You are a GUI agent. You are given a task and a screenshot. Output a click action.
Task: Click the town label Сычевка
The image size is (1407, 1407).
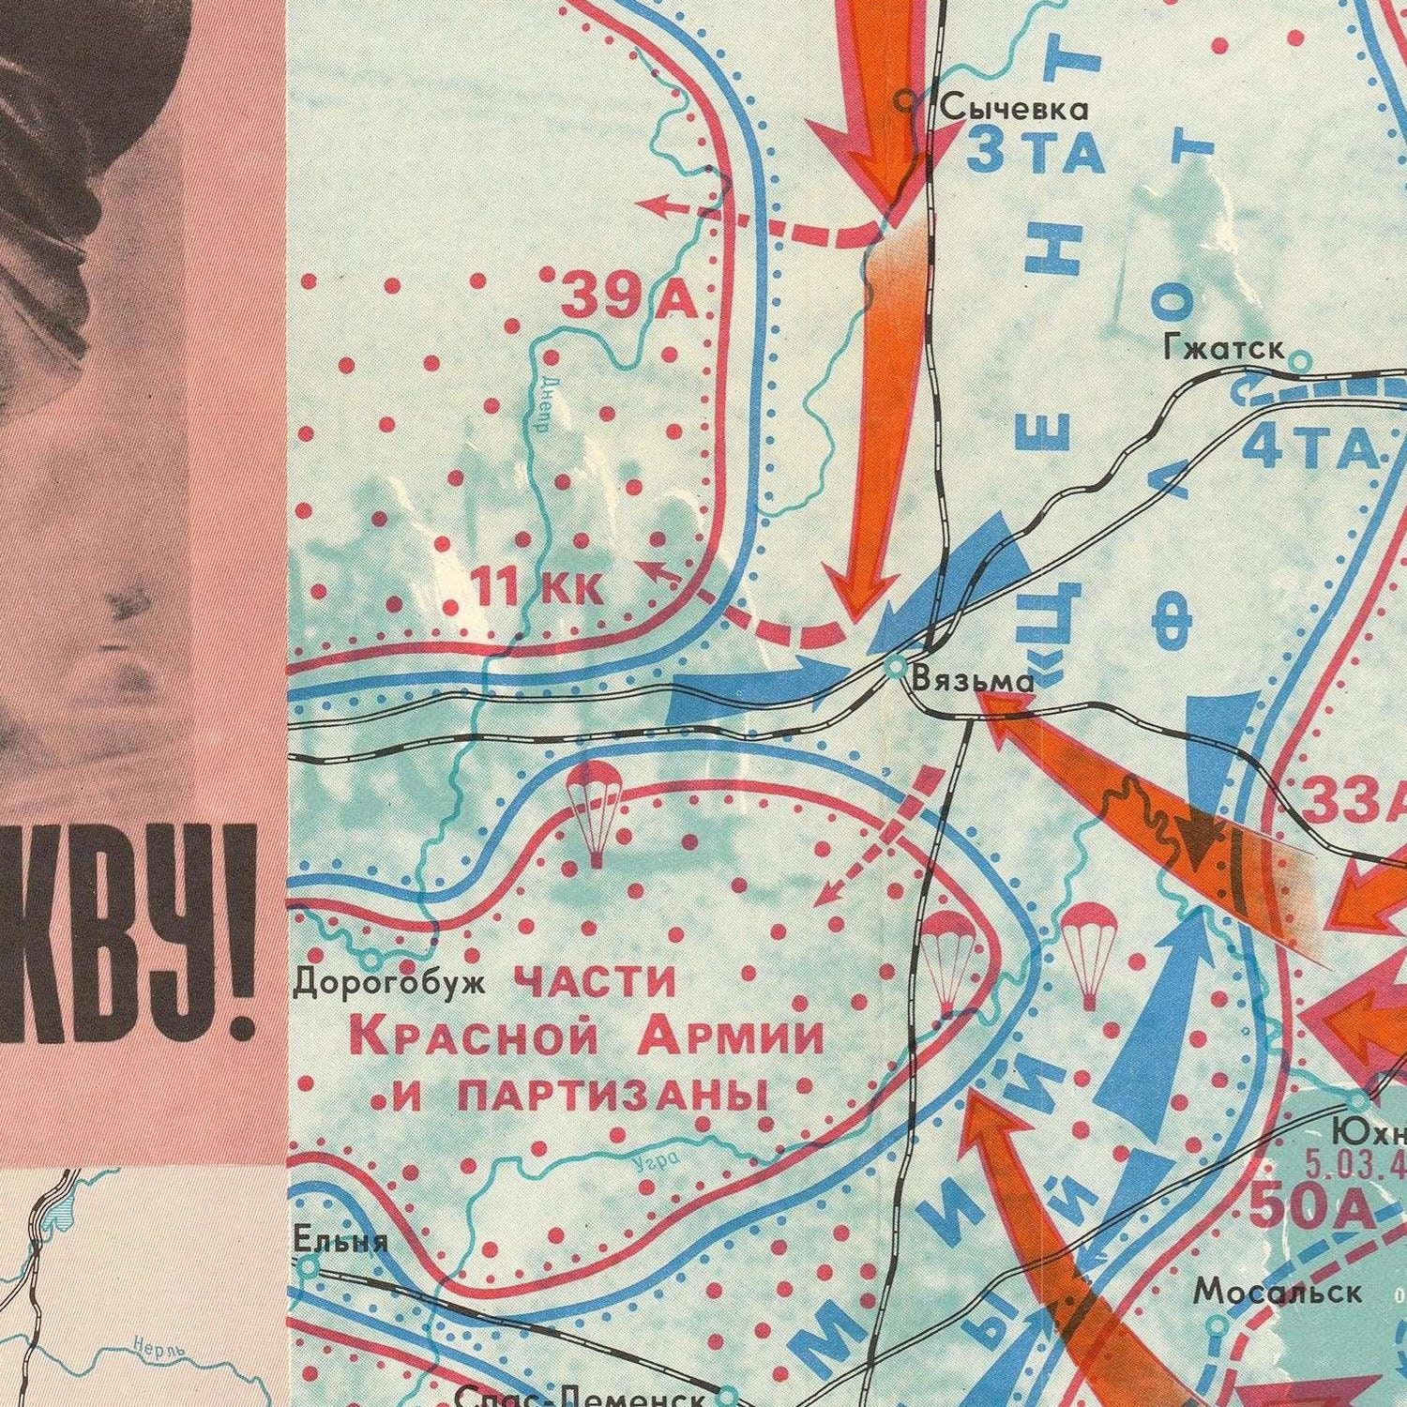coord(1015,109)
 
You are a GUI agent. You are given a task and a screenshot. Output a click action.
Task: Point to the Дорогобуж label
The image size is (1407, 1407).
coord(389,984)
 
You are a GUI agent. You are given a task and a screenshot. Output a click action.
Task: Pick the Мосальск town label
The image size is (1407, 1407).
coord(1278,1292)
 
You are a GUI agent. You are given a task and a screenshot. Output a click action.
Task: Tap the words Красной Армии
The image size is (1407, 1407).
coord(586,1039)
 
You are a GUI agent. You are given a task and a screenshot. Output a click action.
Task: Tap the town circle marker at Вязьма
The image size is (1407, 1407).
coord(896,667)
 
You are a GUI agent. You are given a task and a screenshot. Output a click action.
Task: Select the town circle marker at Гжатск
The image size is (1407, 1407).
coord(1300,359)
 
